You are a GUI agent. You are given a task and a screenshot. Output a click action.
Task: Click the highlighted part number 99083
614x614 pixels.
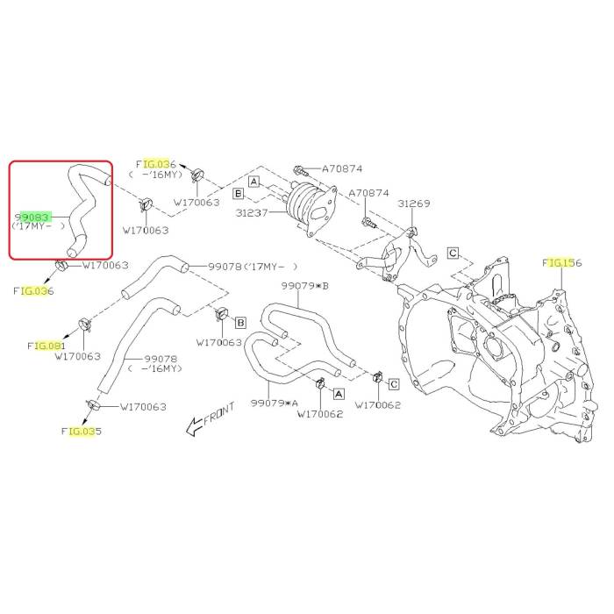coord(34,214)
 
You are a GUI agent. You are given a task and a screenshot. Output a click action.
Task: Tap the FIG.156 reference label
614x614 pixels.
coord(562,262)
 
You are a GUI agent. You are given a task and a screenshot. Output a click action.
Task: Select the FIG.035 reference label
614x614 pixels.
coord(81,431)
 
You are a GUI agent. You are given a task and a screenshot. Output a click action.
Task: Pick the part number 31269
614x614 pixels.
coord(414,203)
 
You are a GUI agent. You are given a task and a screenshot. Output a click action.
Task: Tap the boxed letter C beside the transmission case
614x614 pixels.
coord(453,253)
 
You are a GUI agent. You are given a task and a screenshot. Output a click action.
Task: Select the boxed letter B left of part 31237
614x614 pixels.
coord(238,193)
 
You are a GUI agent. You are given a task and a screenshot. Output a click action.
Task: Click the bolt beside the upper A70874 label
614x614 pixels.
coord(299,168)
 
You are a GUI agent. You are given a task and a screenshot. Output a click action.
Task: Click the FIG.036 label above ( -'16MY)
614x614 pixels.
coord(156,164)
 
